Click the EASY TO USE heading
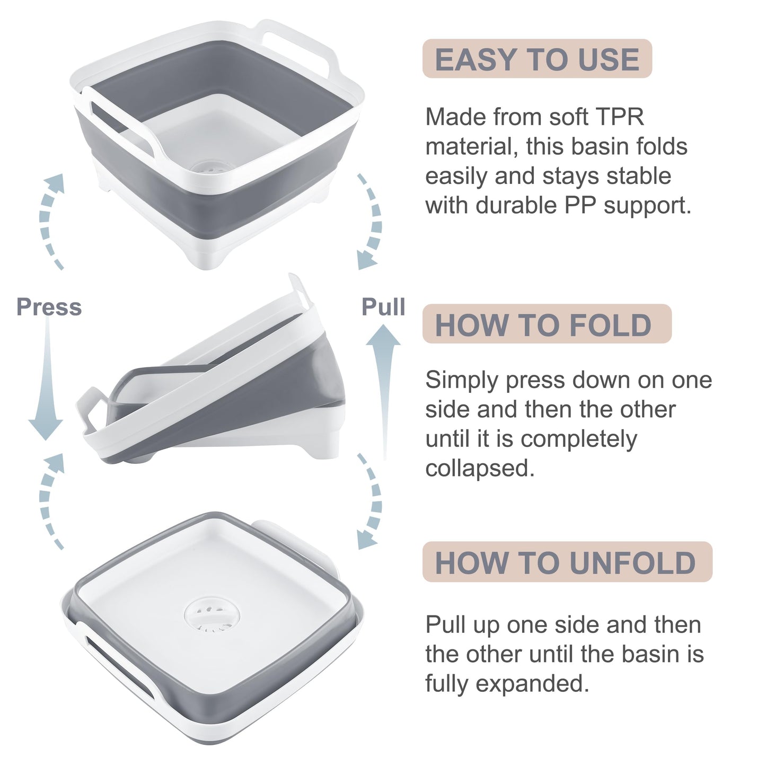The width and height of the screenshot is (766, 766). coord(536,59)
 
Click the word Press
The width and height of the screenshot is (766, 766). coord(49,307)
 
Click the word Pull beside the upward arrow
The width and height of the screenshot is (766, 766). coord(383,307)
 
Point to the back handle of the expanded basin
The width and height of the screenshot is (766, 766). coord(302,42)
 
